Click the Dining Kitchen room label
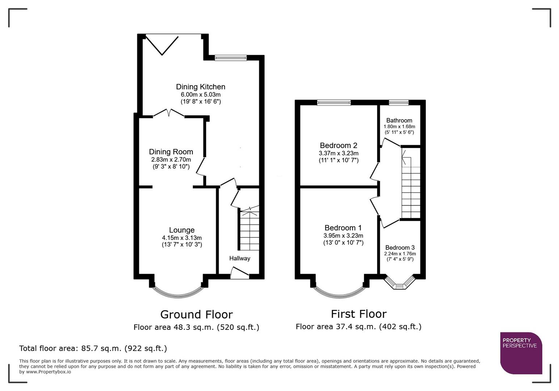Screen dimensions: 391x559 (201, 87)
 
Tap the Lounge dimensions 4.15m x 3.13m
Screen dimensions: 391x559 (182, 238)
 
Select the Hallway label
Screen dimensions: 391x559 (239, 258)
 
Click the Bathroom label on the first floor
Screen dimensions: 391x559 (399, 121)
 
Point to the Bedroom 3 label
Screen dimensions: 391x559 (400, 248)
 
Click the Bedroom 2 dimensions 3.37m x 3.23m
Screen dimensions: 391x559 (339, 153)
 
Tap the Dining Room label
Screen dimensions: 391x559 (171, 152)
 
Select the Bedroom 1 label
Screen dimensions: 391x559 (343, 228)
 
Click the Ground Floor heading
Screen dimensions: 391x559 (196, 314)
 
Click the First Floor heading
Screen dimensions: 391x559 (358, 314)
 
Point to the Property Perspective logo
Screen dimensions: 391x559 (521, 353)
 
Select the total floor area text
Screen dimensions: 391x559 (93, 349)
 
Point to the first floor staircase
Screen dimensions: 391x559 (411, 188)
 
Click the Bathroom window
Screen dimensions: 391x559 (399, 103)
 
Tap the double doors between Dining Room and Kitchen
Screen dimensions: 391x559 (169, 114)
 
